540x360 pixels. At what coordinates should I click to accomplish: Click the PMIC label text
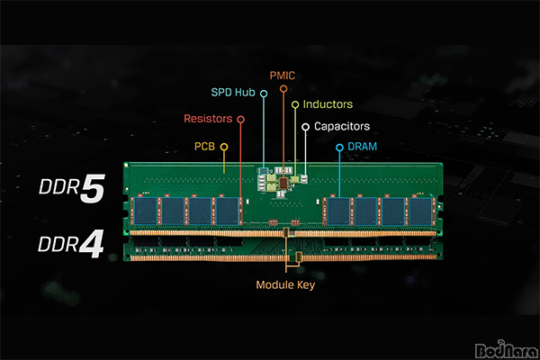pyautogui.click(x=283, y=76)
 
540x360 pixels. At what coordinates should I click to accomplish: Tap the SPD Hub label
pyautogui.click(x=233, y=93)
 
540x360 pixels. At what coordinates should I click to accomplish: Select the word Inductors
pyautogui.click(x=328, y=104)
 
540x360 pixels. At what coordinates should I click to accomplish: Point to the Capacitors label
pyautogui.click(x=342, y=126)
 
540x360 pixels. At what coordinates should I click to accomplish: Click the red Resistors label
pyautogui.click(x=208, y=119)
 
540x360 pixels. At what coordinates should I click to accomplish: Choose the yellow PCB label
pyautogui.click(x=204, y=147)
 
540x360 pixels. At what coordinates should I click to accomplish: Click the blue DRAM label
pyautogui.click(x=363, y=147)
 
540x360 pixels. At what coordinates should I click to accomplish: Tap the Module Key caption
pyautogui.click(x=285, y=285)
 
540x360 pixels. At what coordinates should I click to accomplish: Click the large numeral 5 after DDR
pyautogui.click(x=93, y=188)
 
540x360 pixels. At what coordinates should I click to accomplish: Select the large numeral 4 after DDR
pyautogui.click(x=92, y=244)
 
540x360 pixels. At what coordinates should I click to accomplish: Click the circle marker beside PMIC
pyautogui.click(x=283, y=89)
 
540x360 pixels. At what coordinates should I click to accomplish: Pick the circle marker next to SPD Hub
pyautogui.click(x=264, y=94)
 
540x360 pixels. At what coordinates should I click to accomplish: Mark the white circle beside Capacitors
pyautogui.click(x=305, y=127)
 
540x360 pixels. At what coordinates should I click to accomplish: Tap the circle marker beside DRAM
pyautogui.click(x=339, y=148)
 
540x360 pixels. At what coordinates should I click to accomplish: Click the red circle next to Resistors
pyautogui.click(x=240, y=120)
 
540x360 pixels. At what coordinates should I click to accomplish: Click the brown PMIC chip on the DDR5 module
pyautogui.click(x=283, y=184)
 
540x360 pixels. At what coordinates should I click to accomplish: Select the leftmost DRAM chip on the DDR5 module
pyautogui.click(x=146, y=211)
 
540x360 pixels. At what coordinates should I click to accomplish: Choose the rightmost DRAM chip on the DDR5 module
pyautogui.click(x=420, y=211)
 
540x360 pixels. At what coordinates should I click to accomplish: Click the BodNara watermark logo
pyautogui.click(x=506, y=350)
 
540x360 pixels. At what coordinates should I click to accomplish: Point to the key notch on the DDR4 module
pyautogui.click(x=299, y=256)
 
